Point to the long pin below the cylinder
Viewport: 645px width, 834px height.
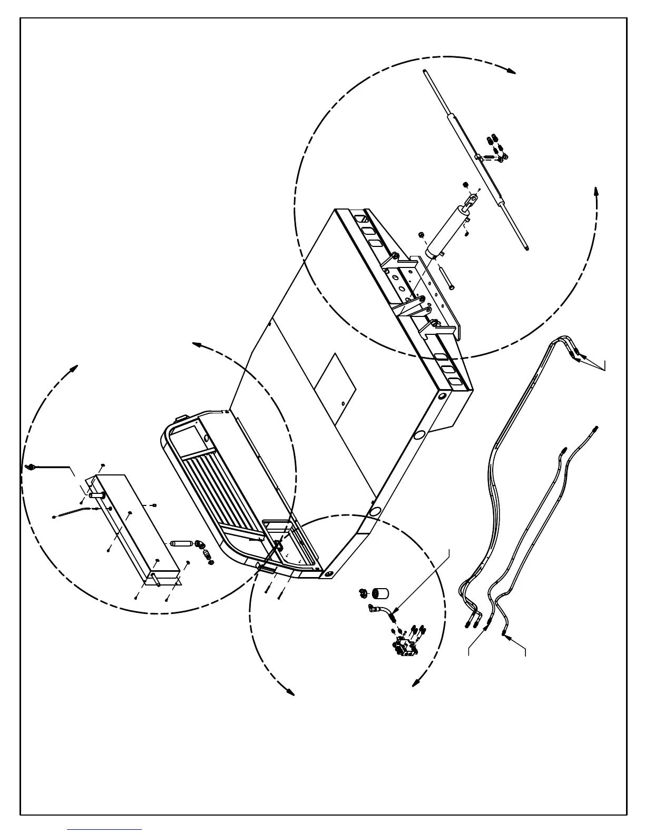[x=445, y=276]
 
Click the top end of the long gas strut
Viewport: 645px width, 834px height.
[x=424, y=72]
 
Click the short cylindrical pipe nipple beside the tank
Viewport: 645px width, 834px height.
[x=179, y=543]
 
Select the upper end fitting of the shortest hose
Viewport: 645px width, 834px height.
[x=595, y=429]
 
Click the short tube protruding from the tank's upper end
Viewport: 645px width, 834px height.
[x=94, y=494]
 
